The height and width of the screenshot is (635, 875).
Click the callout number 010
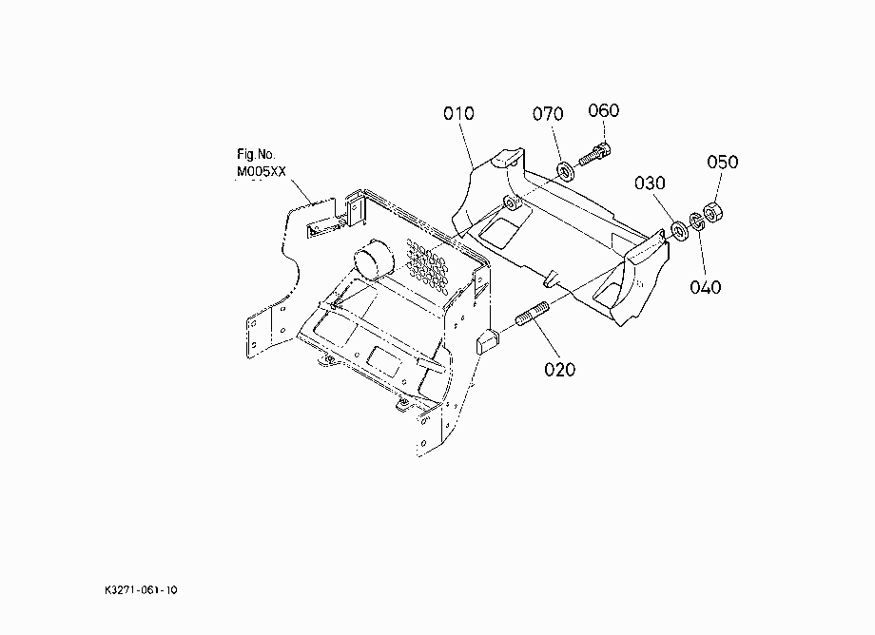(x=458, y=114)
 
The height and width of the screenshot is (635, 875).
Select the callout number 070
(x=548, y=114)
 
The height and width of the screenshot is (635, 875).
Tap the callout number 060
(x=604, y=110)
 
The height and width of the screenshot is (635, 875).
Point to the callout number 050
(x=723, y=162)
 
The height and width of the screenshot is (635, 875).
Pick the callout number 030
(x=651, y=183)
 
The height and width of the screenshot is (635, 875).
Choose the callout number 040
(x=706, y=287)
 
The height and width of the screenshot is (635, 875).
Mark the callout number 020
(x=559, y=369)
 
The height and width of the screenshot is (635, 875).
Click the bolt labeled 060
(x=594, y=154)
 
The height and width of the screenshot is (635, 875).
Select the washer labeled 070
(x=567, y=171)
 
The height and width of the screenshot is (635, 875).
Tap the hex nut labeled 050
(x=713, y=212)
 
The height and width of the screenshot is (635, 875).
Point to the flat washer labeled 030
(x=680, y=231)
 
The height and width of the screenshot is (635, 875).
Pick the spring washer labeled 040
(x=697, y=221)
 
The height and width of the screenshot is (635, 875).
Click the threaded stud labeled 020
(x=533, y=314)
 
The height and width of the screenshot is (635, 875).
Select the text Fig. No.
(x=256, y=154)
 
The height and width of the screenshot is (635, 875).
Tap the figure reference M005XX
(x=262, y=171)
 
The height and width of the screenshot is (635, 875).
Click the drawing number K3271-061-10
(x=141, y=589)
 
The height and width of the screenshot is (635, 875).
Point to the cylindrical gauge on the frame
(x=373, y=260)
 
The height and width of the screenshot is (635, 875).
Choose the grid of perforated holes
(x=427, y=265)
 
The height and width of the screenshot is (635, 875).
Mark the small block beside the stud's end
(x=487, y=340)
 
